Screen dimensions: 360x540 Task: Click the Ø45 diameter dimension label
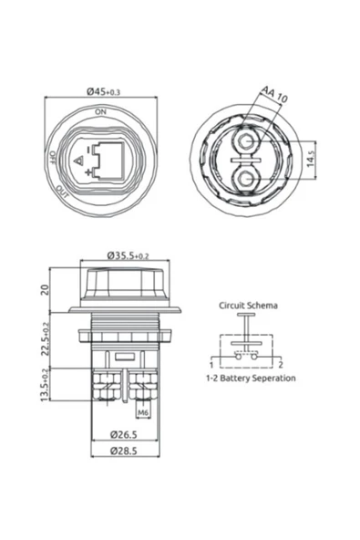103,91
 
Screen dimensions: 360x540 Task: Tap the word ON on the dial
101,111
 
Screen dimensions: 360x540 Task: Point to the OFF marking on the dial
53,156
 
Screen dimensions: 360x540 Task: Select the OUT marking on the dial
63,192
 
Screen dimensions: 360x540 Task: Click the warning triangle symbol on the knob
79,161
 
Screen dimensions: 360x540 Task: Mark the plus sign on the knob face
89,171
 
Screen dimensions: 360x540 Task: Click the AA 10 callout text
274,94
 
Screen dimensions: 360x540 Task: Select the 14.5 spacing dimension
311,159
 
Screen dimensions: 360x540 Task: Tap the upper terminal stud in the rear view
246,141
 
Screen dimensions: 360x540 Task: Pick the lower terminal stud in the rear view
246,179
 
